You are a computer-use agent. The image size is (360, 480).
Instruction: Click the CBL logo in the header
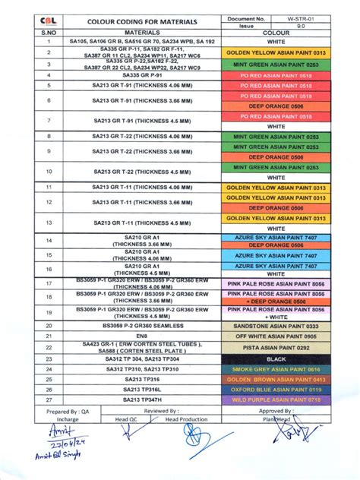[49, 21]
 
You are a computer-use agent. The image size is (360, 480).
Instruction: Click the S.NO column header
[49, 33]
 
